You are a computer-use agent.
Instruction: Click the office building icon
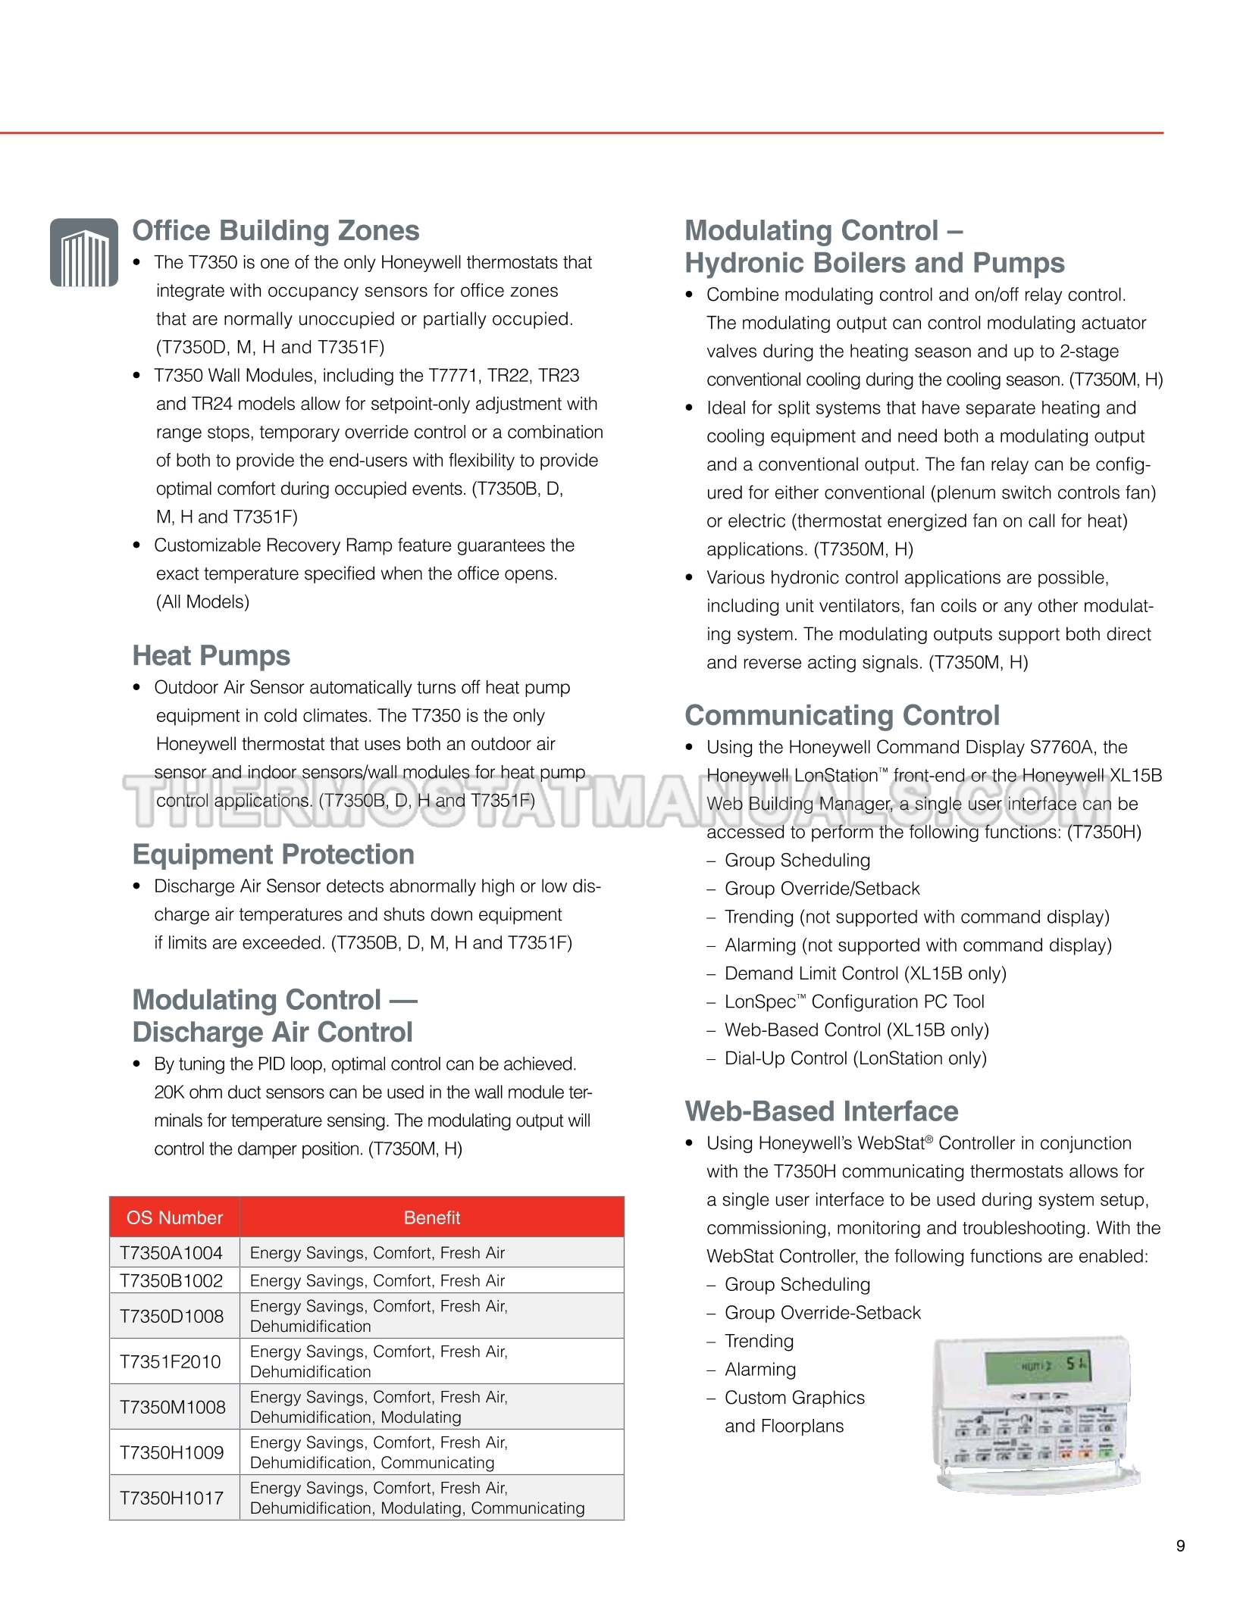point(84,252)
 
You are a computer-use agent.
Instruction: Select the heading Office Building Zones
point(275,230)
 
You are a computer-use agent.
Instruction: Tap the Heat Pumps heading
point(211,655)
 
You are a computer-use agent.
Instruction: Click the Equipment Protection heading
point(273,854)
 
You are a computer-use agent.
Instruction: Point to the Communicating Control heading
point(841,715)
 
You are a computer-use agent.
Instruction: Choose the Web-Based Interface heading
point(821,1111)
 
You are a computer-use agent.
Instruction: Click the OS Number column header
point(174,1217)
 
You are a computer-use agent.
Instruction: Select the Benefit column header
point(431,1217)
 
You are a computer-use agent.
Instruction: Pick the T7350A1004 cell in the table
point(171,1253)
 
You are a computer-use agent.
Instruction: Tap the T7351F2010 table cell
point(171,1361)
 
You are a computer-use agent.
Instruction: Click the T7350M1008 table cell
point(173,1407)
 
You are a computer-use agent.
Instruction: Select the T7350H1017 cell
point(172,1498)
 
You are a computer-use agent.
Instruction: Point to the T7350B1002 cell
point(171,1281)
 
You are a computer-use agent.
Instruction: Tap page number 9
point(1180,1546)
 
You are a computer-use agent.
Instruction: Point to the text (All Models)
point(202,602)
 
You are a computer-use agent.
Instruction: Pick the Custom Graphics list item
point(794,1398)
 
